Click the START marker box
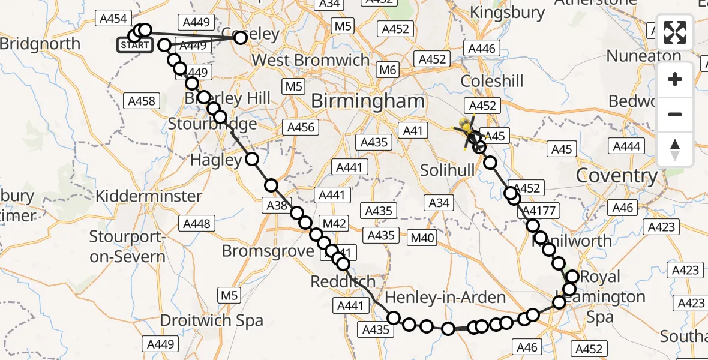(x=135, y=45)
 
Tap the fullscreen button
(x=675, y=33)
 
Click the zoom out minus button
(x=675, y=114)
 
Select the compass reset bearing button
(x=675, y=149)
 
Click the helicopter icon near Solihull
(x=467, y=129)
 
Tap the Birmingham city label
(x=367, y=101)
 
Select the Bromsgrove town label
(x=268, y=250)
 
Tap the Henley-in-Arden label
(x=445, y=297)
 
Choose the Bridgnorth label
(x=40, y=44)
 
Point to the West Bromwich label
(x=311, y=60)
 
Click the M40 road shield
(x=422, y=238)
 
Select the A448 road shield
(x=197, y=224)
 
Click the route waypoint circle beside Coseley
(x=240, y=38)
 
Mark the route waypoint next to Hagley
(x=252, y=159)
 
